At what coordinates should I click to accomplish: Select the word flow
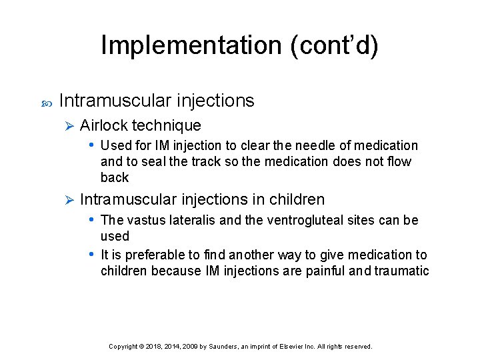(x=399, y=161)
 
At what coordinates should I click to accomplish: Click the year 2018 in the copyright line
(x=151, y=347)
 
